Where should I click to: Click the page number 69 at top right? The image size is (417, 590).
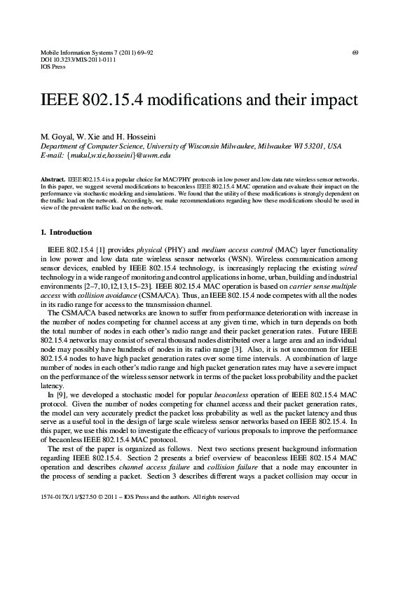[355, 53]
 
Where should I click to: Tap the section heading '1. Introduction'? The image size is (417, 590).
[66, 232]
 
